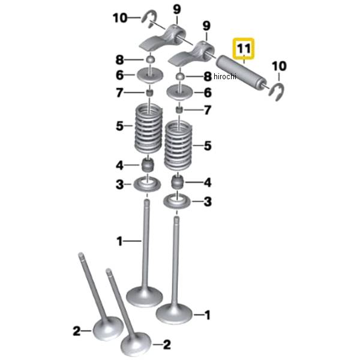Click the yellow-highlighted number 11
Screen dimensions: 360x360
[244, 49]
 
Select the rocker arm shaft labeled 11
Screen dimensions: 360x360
[242, 73]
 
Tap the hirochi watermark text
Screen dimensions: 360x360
[225, 76]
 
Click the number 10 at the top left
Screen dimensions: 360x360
[120, 17]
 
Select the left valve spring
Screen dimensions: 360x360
[149, 129]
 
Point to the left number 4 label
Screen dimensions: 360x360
[119, 166]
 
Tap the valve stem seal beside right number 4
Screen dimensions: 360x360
[178, 182]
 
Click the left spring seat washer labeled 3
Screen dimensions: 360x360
[147, 184]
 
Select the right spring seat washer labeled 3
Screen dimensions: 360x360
[177, 202]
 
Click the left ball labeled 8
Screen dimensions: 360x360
[151, 59]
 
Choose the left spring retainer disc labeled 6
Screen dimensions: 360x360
[150, 75]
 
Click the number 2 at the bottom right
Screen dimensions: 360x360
[167, 344]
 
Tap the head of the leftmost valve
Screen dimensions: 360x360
[108, 328]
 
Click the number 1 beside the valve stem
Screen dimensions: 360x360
[119, 242]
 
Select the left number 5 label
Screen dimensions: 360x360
[119, 126]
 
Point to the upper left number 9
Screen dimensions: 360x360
[177, 10]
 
